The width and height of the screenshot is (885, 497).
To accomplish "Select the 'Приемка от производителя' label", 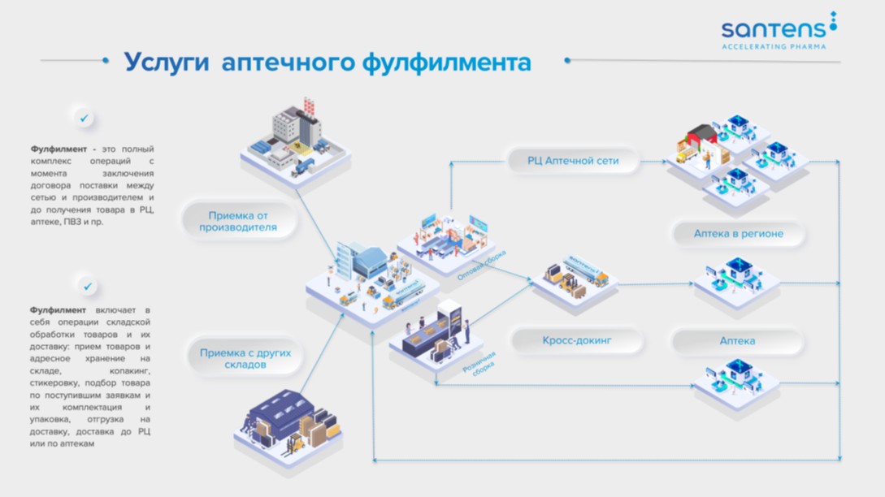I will click(238, 222).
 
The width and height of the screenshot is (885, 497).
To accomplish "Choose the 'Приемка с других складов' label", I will click(245, 359).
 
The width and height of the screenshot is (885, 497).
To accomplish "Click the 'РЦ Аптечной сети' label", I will click(575, 161).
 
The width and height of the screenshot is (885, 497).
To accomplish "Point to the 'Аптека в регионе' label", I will click(738, 234).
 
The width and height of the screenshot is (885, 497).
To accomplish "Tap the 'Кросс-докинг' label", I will click(577, 340).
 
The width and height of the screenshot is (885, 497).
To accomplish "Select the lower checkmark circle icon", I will click(89, 286).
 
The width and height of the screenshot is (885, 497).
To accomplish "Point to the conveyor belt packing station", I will click(436, 335).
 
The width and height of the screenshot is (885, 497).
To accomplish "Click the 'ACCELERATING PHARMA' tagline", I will click(774, 46).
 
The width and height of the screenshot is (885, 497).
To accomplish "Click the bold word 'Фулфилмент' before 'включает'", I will click(59, 310).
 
